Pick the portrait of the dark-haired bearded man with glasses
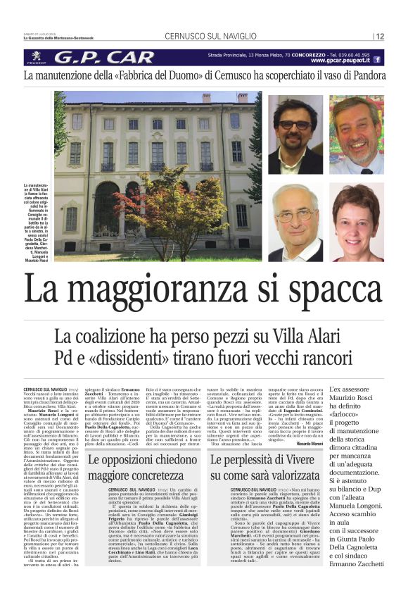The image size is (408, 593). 295,135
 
